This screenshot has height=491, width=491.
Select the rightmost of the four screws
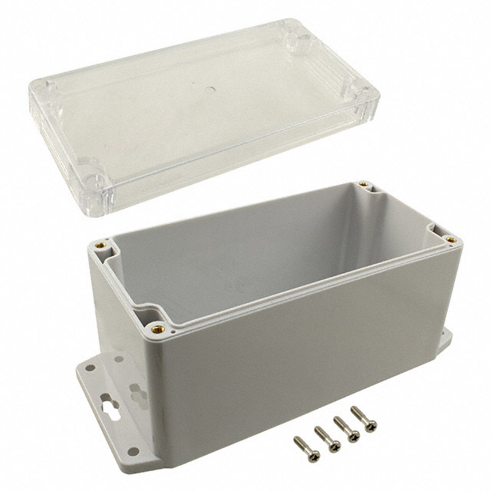point(364,420)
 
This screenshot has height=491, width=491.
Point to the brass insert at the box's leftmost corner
point(101,246)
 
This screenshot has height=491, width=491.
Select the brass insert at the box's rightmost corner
point(451,239)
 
